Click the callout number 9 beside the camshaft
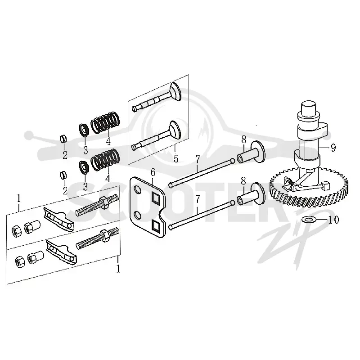pyautogui.click(x=333, y=148)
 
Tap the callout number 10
pyautogui.click(x=333, y=220)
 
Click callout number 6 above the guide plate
pyautogui.click(x=153, y=172)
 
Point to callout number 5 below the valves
pyautogui.click(x=176, y=159)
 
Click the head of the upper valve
pyautogui.click(x=175, y=92)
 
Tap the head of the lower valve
pyautogui.click(x=175, y=130)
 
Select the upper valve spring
pyautogui.click(x=105, y=122)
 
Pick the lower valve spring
pyautogui.click(x=106, y=160)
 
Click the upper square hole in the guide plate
pyautogui.click(x=156, y=198)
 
